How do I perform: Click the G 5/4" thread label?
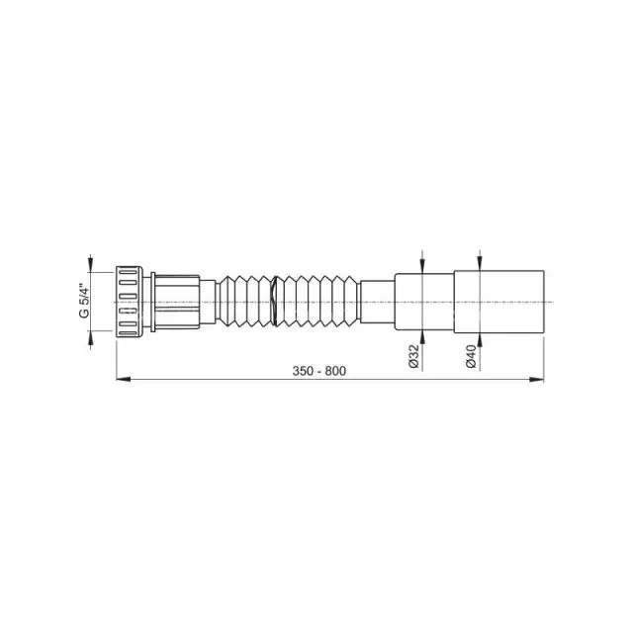click(x=83, y=302)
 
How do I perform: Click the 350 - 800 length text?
click(x=318, y=371)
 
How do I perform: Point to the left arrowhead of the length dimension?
click(x=123, y=379)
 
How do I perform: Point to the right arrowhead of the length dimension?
click(x=537, y=379)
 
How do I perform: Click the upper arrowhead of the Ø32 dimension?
click(x=422, y=267)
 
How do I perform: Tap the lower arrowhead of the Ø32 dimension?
click(x=422, y=338)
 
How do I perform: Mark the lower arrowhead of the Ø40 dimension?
click(x=479, y=340)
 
